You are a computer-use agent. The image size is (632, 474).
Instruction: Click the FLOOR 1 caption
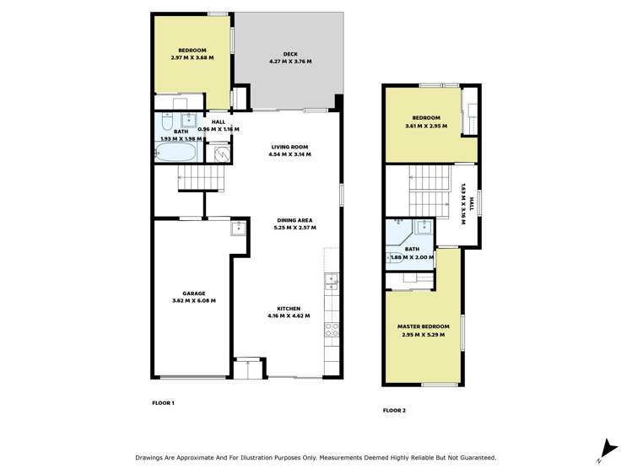(162, 403)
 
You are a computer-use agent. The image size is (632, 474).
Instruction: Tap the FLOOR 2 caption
(394, 411)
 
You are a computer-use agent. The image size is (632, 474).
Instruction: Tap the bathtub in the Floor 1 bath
(176, 154)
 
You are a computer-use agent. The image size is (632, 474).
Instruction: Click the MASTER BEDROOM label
(423, 326)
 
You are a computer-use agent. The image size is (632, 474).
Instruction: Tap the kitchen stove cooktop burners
(332, 330)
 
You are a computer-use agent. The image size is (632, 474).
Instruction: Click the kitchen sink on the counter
(332, 279)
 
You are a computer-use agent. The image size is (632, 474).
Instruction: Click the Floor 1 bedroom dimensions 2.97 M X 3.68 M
(192, 58)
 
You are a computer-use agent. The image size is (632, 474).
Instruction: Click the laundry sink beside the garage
(239, 226)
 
